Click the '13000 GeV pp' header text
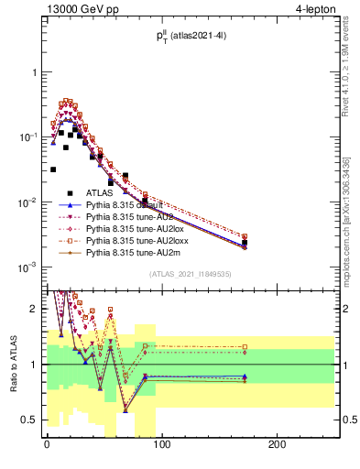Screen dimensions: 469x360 [x=81, y=12]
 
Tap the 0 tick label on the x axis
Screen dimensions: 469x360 [x=46, y=445]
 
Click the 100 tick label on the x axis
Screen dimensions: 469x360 [x=161, y=445]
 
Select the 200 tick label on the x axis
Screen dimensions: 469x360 [x=277, y=445]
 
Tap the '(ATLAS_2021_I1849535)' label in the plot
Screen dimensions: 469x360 [x=191, y=273]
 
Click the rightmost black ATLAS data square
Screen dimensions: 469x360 [x=270, y=243]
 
